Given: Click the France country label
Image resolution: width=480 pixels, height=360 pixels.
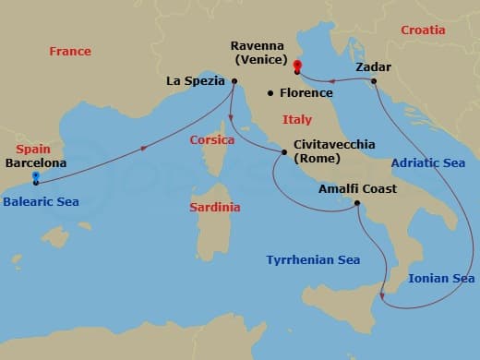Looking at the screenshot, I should coord(70,52).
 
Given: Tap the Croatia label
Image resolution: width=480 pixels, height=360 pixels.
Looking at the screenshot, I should coord(423,30).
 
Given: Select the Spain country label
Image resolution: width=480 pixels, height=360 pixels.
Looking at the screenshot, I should coord(32,149).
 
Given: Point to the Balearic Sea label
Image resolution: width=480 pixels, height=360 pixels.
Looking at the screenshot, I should coord(40,200).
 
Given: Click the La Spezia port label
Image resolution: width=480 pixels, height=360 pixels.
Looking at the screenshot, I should coord(196,81).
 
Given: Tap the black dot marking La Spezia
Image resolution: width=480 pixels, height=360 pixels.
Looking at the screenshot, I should coord(234,81).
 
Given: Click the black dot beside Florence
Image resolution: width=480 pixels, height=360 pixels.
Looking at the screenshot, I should coord(270,92).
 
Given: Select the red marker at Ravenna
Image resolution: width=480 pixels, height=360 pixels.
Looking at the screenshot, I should coord(297,66).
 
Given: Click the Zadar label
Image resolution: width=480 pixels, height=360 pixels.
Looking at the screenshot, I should coord(373,67).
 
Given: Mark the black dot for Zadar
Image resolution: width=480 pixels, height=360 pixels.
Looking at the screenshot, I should coord(374,81).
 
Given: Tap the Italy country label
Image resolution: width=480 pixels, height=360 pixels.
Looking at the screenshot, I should coord(297,120).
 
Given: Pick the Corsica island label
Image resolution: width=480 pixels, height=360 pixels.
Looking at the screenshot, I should coord(211,140).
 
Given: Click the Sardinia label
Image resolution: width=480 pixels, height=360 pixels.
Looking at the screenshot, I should coord(214,207).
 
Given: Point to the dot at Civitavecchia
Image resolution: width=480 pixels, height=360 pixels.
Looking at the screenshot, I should coord(283,151).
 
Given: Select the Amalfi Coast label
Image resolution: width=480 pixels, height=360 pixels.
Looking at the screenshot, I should coord(357,189).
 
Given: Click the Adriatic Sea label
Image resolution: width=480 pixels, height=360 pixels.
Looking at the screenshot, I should coord(427,163).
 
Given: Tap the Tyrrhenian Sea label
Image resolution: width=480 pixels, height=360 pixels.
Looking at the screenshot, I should coord(313,260).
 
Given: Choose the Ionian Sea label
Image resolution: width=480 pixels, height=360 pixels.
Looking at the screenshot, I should coord(441,278).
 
